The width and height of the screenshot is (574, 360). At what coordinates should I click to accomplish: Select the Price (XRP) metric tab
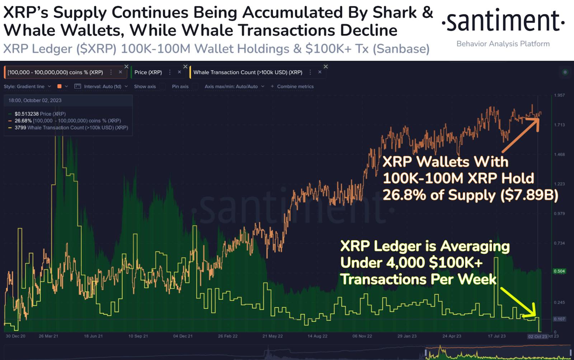148,72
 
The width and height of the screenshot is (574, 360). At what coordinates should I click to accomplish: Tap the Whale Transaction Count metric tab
248,72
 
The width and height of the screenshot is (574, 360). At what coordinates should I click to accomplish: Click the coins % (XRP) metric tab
55,72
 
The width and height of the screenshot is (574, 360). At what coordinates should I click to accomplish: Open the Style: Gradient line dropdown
27,86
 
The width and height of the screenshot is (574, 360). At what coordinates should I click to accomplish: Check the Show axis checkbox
163,86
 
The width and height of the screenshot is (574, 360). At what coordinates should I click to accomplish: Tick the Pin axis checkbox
195,86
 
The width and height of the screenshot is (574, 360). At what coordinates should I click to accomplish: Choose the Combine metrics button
292,86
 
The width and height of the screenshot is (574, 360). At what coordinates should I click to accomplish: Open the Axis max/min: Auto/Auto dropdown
234,86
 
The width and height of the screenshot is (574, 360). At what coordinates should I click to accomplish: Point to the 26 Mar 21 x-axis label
48,336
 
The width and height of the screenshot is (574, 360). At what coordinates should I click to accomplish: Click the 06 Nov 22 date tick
362,336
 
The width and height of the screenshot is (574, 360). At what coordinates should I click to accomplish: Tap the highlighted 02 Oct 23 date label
537,336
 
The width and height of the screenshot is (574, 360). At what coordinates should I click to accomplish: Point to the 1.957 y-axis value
559,95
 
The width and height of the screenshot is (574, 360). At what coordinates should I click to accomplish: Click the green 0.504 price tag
559,271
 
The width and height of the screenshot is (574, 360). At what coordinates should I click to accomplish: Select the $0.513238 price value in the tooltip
26,114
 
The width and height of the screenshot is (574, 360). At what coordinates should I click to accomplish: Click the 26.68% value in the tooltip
23,121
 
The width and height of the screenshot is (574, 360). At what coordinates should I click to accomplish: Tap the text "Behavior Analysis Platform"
503,44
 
